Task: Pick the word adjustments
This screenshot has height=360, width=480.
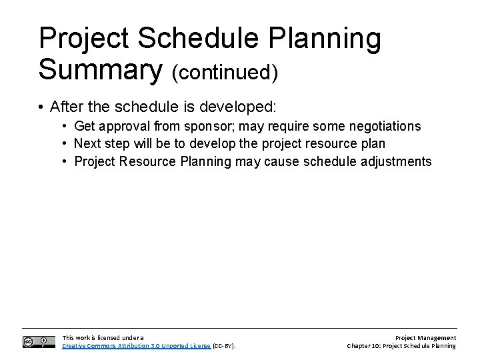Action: (398, 161)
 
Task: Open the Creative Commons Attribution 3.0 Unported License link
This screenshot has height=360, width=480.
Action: (136, 346)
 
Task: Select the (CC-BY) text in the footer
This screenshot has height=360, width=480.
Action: (224, 346)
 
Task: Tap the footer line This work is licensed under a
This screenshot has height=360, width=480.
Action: (102, 338)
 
